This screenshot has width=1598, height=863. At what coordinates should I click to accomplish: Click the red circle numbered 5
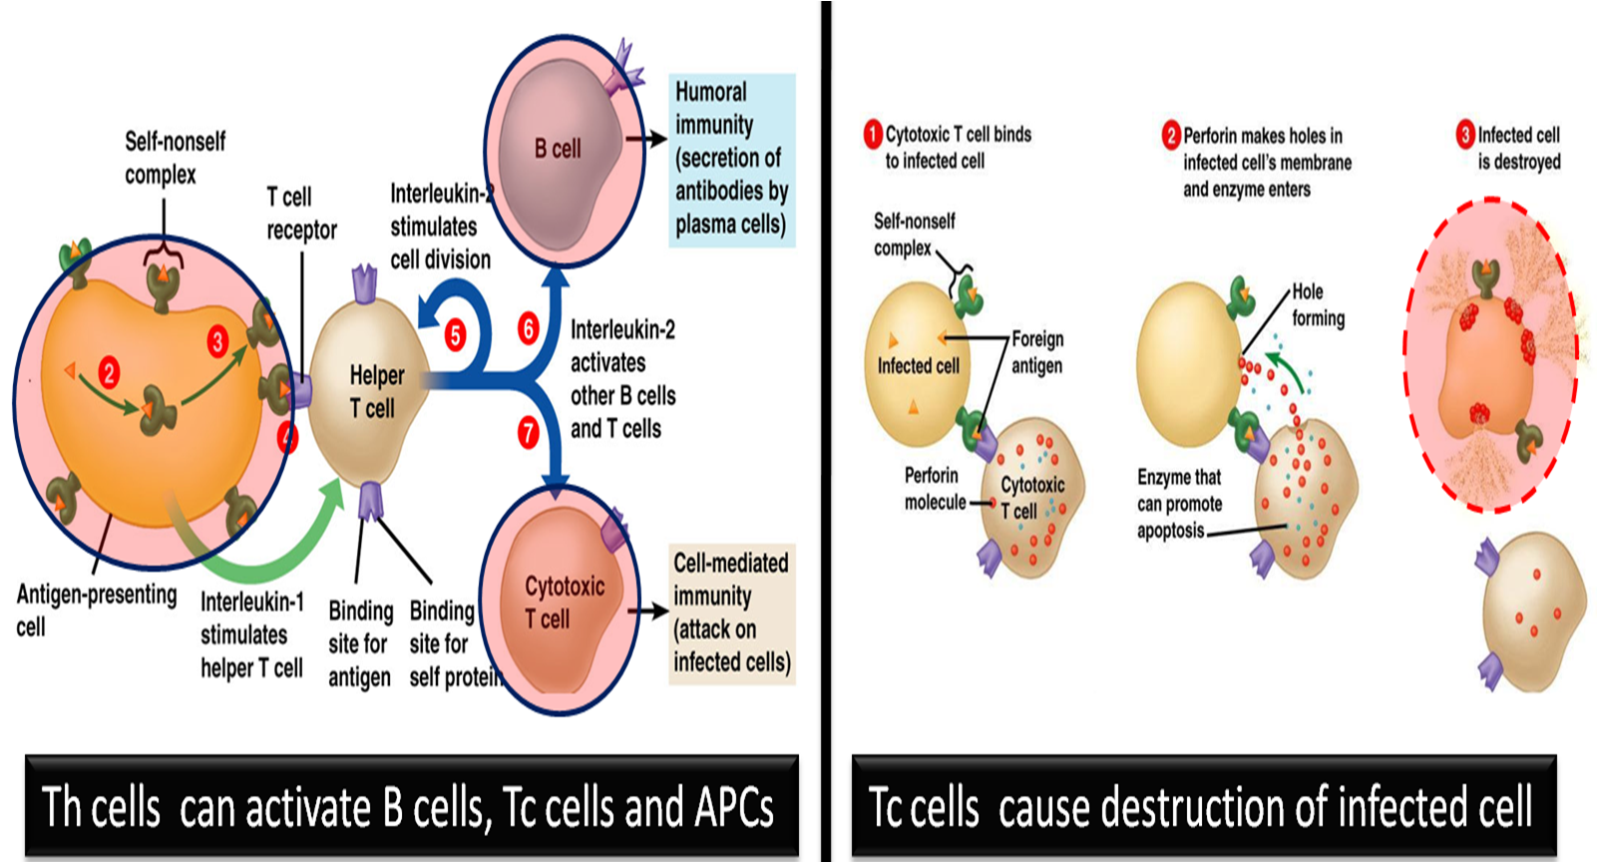[x=455, y=335]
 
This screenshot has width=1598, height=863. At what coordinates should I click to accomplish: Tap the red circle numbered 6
[x=529, y=328]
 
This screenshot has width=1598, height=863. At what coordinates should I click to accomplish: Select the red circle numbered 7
[x=528, y=433]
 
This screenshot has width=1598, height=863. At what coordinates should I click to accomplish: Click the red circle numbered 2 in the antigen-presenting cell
[x=109, y=374]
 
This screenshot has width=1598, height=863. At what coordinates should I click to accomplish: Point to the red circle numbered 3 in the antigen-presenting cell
[x=217, y=342]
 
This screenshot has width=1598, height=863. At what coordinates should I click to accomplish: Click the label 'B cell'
[x=557, y=149]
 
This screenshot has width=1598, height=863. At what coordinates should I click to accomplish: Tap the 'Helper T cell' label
[x=376, y=392]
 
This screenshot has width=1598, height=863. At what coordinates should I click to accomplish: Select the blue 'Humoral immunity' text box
[x=731, y=159]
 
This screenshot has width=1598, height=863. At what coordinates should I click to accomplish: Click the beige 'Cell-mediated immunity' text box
[x=731, y=613]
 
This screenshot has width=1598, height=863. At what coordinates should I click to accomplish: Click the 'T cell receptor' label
[x=300, y=214]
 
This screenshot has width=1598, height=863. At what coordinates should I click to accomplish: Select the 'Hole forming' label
[x=1317, y=305]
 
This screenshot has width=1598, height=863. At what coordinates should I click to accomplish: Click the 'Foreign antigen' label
[x=1036, y=352]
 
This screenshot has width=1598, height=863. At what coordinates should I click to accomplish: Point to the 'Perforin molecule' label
[x=934, y=489]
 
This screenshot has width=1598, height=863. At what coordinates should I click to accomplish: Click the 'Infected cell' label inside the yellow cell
[x=917, y=366]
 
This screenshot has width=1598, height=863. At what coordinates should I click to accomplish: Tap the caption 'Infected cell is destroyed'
[x=1517, y=149]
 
